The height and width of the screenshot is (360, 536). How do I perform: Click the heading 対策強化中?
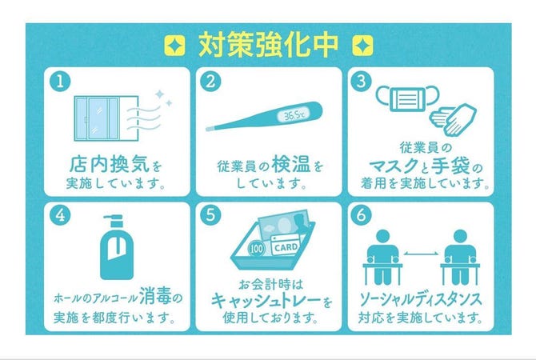coord(268,45)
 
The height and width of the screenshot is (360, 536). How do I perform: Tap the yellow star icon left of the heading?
coord(174,46)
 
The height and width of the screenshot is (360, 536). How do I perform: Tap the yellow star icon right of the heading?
coord(362,46)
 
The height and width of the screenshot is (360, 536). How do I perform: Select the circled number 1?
coord(60,82)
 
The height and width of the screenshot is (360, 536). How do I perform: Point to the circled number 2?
coord(210,82)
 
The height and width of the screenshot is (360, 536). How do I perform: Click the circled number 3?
coord(362,82)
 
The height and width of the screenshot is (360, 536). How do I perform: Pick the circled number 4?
coord(60,215)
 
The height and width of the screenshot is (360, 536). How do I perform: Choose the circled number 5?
coord(210,215)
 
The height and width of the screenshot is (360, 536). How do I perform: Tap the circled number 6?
coord(362,215)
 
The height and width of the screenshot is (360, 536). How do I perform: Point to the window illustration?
coord(106,118)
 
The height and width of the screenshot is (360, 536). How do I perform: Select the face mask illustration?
coord(407,98)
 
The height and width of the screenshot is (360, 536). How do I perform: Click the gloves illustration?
coord(453,120)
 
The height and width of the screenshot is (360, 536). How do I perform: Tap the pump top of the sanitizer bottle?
coord(114,221)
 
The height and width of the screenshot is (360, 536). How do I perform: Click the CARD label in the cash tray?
coord(286,247)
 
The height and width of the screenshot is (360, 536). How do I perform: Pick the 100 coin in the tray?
coord(256,249)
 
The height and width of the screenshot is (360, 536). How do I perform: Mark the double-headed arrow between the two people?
coord(421,254)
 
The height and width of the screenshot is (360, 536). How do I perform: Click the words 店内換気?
coord(110,164)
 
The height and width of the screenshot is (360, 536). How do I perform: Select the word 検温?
coord(291,164)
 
